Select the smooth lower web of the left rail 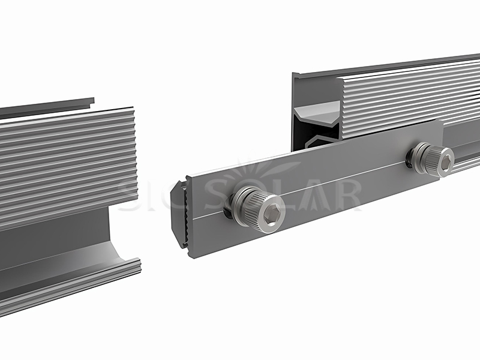[54, 240]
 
